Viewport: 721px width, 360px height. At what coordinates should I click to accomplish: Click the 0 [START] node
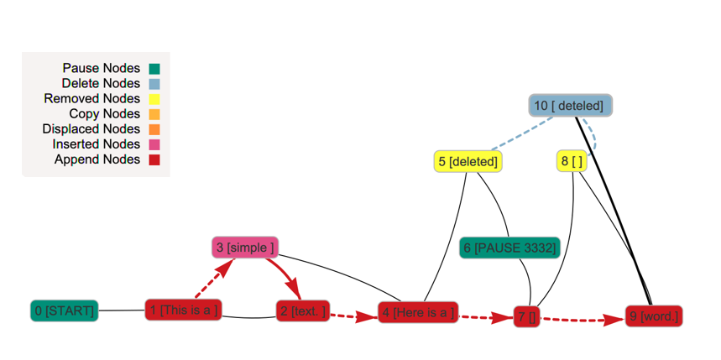tap(65, 311)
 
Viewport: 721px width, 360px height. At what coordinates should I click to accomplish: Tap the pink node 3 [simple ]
tap(244, 248)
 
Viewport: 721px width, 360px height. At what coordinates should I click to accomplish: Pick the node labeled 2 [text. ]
tap(302, 311)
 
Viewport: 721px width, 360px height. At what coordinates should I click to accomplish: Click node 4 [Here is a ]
tap(417, 313)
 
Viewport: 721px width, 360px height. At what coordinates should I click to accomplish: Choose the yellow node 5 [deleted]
tap(468, 161)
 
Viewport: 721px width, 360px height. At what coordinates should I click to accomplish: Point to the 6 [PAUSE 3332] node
tap(509, 248)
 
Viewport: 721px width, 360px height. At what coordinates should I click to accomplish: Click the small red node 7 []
tap(526, 317)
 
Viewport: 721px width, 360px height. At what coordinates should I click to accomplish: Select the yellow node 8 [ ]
tap(572, 161)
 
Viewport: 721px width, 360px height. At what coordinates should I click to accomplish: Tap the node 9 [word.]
tap(653, 317)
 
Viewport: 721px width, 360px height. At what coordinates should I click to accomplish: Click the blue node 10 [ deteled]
tap(571, 105)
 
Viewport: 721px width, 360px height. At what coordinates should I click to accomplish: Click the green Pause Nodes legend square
tap(154, 69)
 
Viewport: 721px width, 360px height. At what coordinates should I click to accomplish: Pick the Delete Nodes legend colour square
tap(154, 84)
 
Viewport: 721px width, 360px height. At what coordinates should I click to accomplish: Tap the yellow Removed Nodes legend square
tap(154, 99)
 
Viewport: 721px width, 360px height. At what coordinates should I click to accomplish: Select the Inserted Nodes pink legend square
tap(154, 144)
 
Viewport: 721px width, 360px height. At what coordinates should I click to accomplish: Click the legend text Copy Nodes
tap(104, 114)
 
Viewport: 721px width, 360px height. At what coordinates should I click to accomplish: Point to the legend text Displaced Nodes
tap(91, 129)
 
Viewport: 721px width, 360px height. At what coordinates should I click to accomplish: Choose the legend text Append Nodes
tap(97, 159)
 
